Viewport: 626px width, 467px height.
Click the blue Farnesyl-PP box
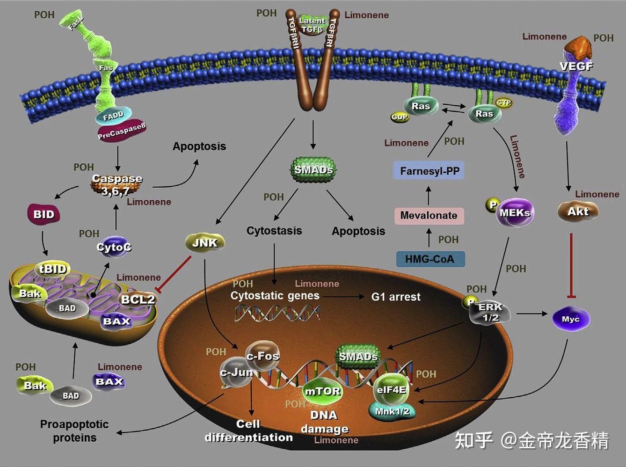point(429,171)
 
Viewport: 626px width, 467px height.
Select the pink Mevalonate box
point(429,215)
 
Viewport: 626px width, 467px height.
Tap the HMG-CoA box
point(430,259)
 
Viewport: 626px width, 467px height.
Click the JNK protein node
point(205,242)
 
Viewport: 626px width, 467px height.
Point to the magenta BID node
point(44,214)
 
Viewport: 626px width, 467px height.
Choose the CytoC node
point(114,247)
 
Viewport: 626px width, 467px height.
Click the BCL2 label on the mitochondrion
point(138,299)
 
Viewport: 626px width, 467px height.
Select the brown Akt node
point(578,212)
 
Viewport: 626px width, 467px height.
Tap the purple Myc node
point(570,319)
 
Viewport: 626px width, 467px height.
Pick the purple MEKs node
point(514,213)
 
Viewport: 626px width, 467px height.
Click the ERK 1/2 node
point(490,313)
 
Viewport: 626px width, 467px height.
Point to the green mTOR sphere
point(322,391)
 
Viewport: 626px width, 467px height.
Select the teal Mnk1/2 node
point(392,411)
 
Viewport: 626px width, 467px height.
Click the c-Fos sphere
point(262,356)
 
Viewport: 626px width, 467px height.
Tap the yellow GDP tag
point(400,117)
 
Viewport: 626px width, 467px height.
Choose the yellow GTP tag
point(503,102)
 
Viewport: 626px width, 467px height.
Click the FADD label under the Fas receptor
point(113,116)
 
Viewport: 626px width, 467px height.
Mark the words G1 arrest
point(396,297)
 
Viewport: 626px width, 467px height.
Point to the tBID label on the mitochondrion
point(52,269)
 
